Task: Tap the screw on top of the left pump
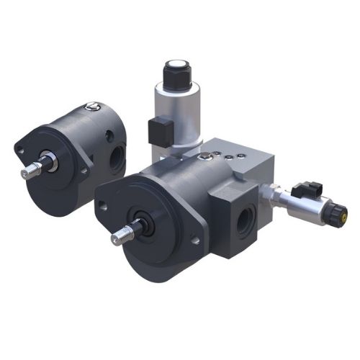[x=91, y=107]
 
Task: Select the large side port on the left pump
[x=116, y=159]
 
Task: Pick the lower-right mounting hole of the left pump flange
[x=84, y=171]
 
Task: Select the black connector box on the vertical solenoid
[x=158, y=131]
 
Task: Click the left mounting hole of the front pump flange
[x=103, y=206]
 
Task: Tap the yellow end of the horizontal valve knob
[x=343, y=212]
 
